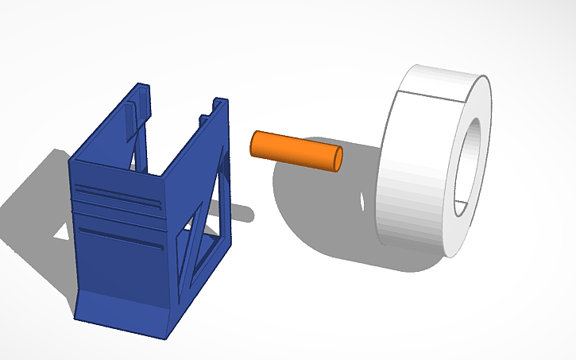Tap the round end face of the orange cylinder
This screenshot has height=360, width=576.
tap(338, 158)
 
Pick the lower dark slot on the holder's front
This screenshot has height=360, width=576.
tap(123, 238)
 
